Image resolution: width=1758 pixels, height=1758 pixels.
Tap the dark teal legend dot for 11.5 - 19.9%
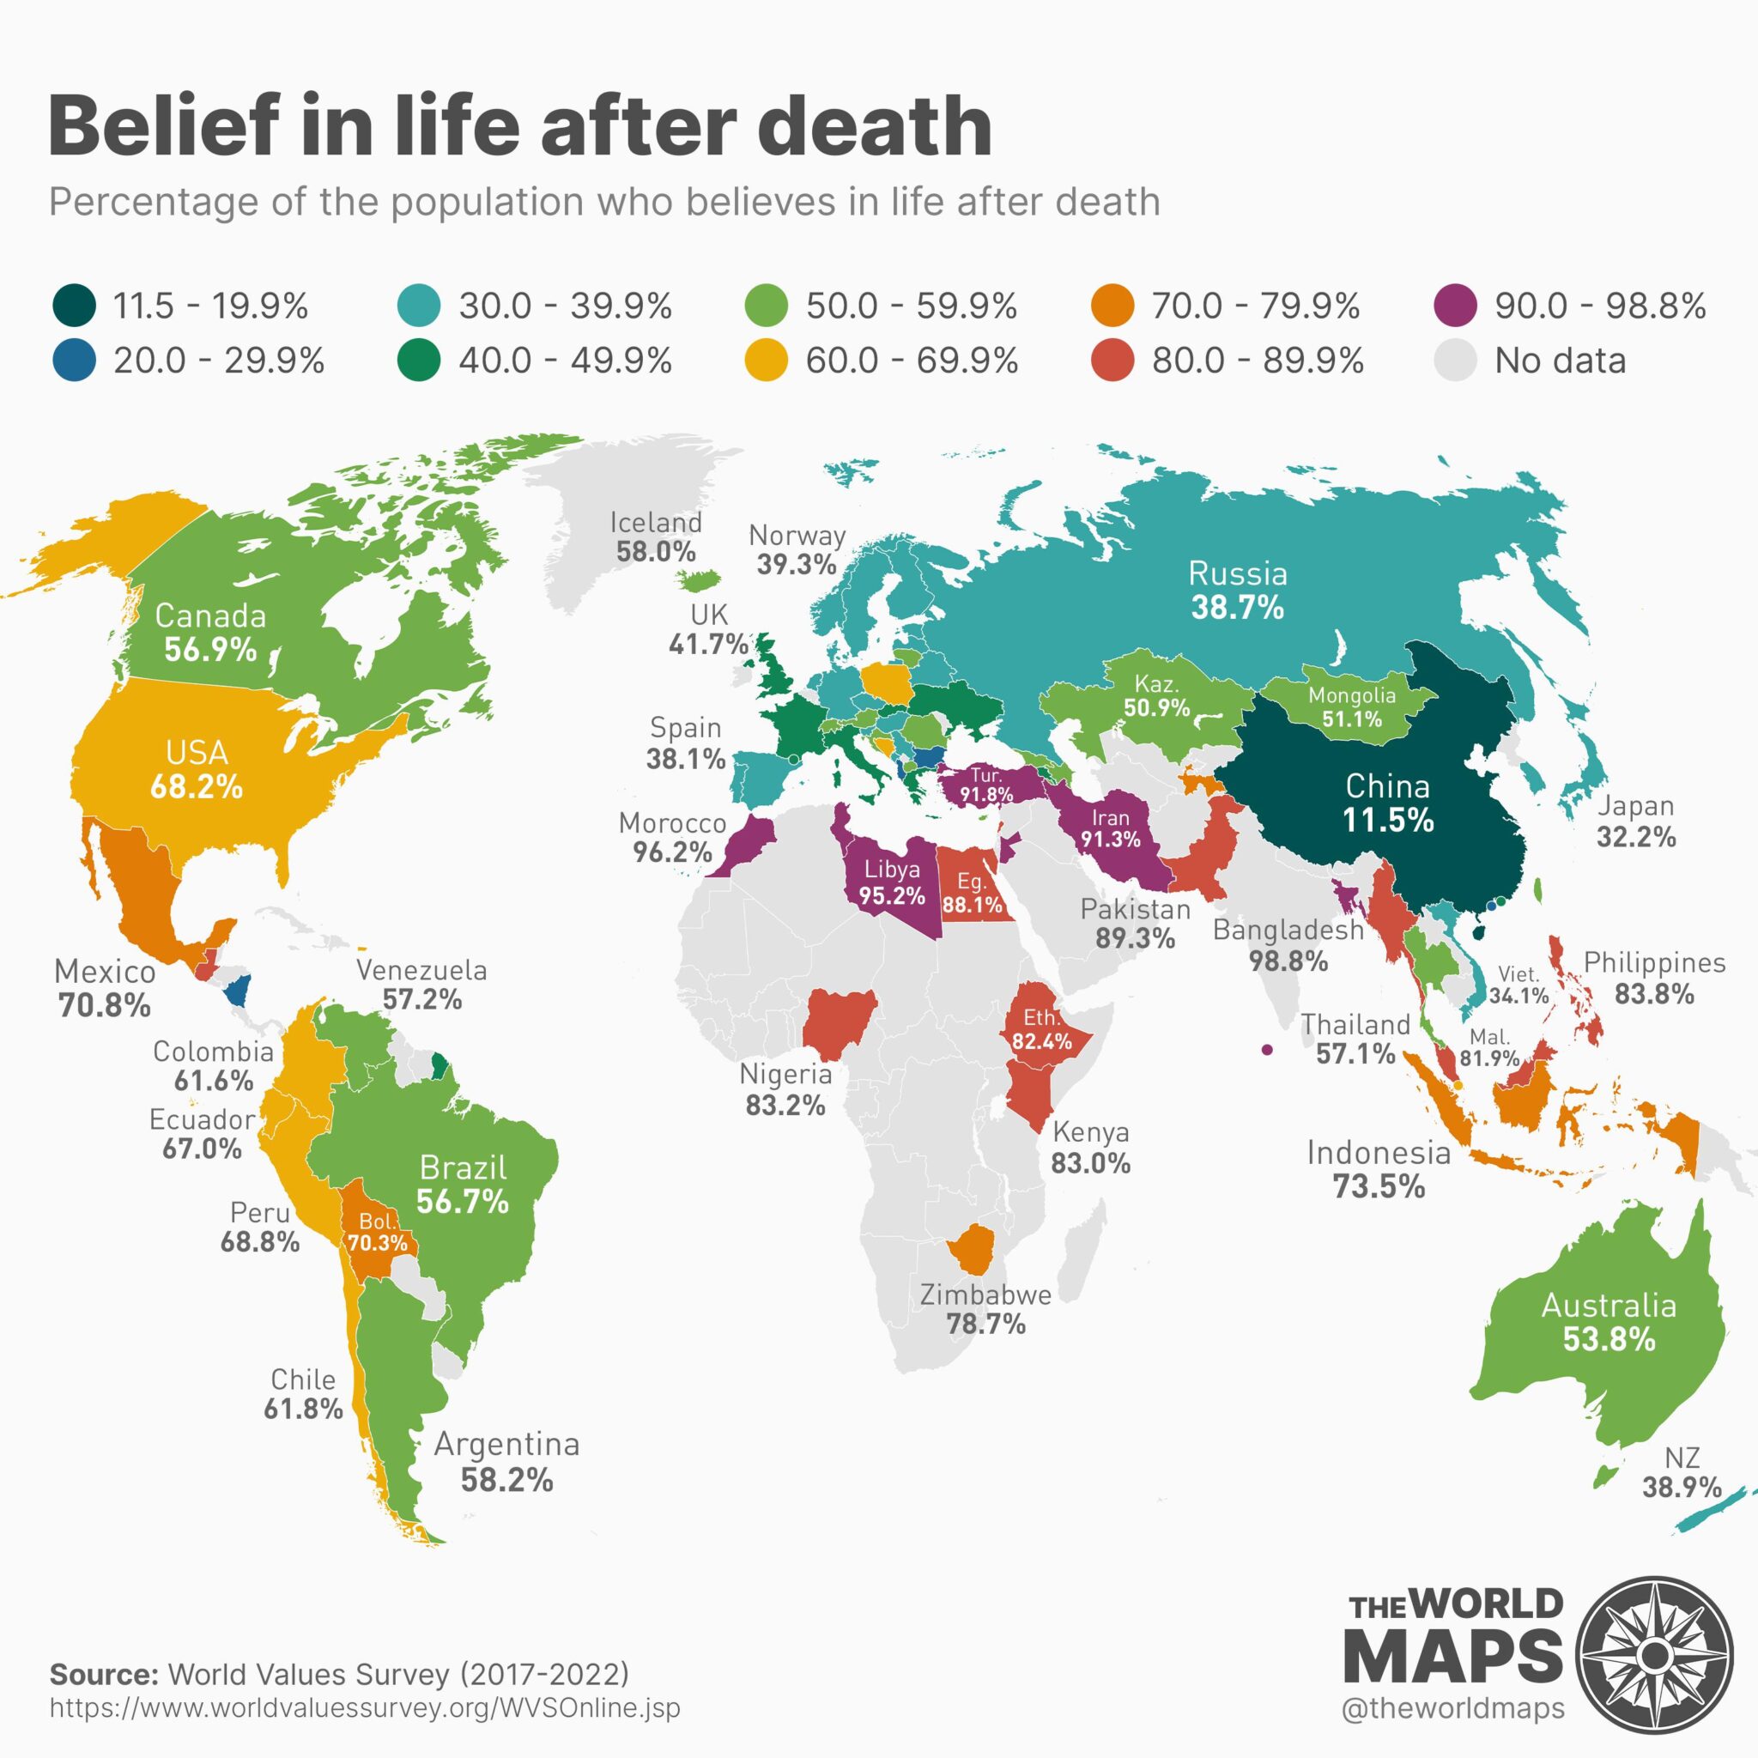(74, 306)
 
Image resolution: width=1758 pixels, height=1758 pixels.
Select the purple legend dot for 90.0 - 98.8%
(1456, 306)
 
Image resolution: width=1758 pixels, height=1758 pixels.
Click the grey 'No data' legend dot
(1456, 361)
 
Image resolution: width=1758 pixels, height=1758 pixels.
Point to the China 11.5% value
(1388, 820)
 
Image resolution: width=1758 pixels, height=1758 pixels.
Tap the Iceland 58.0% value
(655, 551)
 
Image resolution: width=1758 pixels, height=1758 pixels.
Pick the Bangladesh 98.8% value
(1288, 960)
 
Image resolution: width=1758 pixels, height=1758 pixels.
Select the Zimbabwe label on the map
(985, 1294)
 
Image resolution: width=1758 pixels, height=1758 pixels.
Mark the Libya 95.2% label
(892, 882)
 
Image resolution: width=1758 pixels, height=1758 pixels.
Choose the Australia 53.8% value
(1609, 1338)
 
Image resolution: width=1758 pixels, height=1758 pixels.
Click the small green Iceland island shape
(701, 579)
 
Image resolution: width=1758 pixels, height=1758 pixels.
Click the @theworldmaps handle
(1452, 1708)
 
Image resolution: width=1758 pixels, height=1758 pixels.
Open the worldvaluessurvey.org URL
(364, 1707)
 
